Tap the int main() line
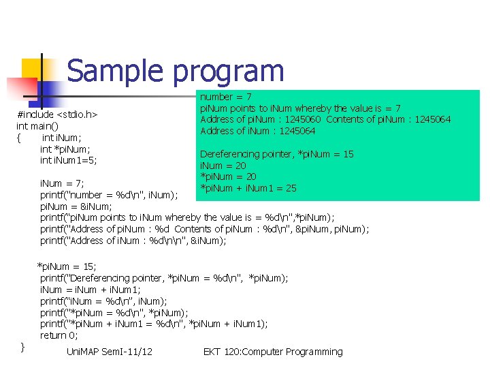[37, 126]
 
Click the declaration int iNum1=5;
[68, 160]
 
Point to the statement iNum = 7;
[61, 183]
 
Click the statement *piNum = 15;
[67, 266]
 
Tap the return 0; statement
[59, 335]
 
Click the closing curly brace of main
[22, 347]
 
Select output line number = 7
[225, 97]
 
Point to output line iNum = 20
[223, 166]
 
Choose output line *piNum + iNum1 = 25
[248, 188]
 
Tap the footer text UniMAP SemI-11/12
[110, 352]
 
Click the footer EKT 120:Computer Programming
[273, 352]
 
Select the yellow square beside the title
[35, 70]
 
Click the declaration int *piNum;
[65, 149]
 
